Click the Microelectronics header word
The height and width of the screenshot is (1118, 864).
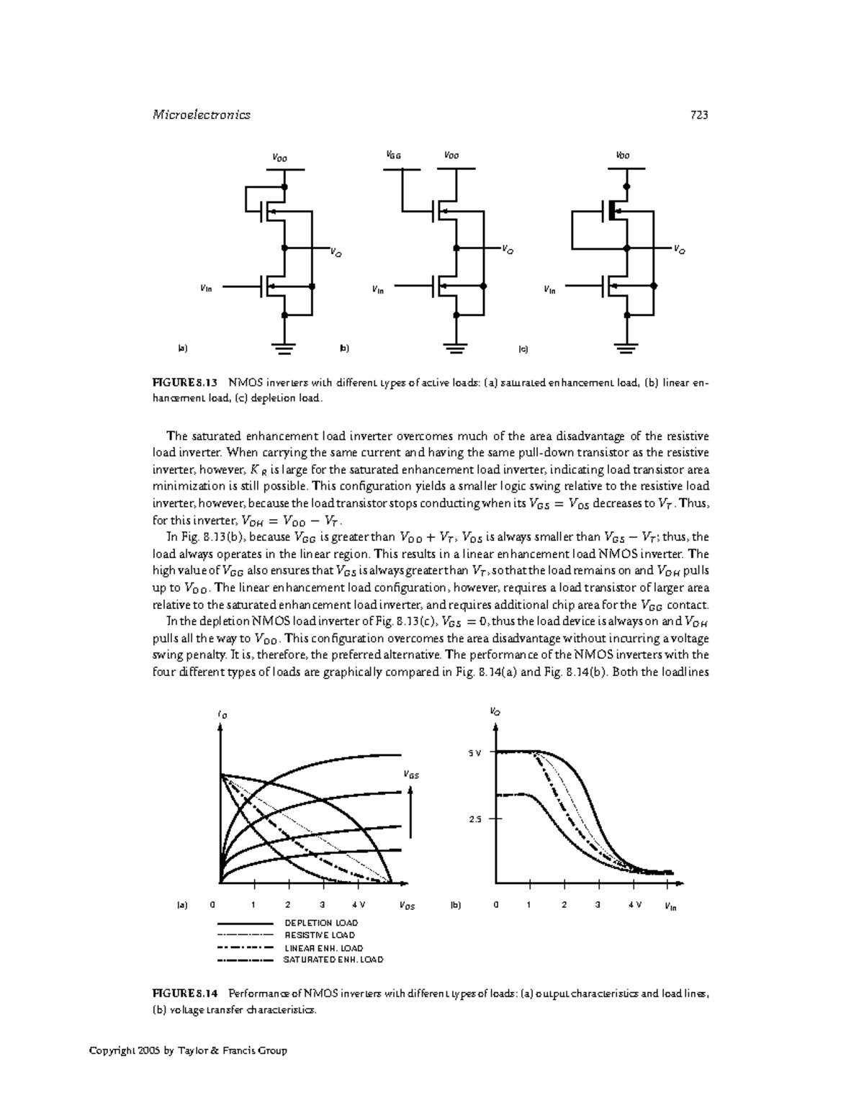coord(202,115)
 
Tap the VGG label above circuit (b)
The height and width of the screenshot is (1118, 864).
coord(393,155)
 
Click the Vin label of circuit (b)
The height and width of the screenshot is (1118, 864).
coord(378,290)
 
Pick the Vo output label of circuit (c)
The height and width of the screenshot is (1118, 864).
coord(679,251)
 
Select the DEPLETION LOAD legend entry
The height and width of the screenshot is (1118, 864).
coord(321,923)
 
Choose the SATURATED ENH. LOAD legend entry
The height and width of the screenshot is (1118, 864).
coord(333,960)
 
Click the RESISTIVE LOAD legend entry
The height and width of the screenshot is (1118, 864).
coord(320,935)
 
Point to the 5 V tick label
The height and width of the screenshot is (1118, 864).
coord(474,753)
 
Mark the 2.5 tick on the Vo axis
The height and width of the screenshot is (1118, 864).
coord(474,819)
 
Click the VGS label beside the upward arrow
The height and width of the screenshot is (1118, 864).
coord(410,775)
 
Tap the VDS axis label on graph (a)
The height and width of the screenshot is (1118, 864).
coord(407,906)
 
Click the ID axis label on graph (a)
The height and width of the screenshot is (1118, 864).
coord(222,715)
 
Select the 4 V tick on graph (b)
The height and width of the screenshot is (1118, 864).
coord(634,905)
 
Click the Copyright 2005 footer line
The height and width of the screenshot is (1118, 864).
coord(188,1050)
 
